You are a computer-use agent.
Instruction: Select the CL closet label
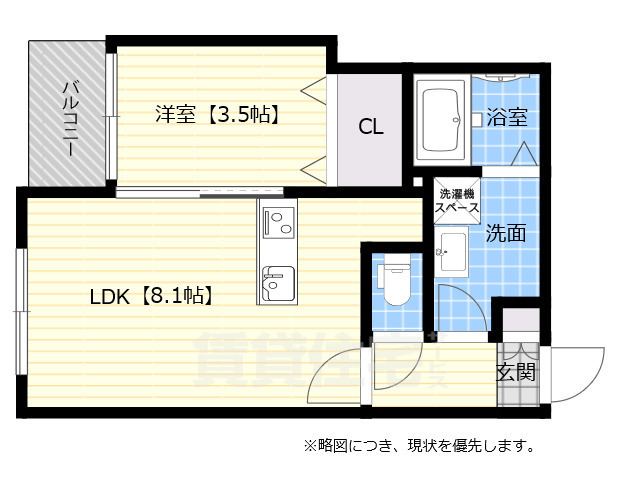[x=370, y=127]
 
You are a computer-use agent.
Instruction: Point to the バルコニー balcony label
[x=71, y=118]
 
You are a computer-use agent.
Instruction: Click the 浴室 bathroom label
[x=507, y=117]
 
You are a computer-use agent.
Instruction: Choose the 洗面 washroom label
[x=506, y=234]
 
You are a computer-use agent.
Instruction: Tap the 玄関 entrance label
[x=516, y=372]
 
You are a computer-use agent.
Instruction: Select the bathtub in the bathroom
[x=441, y=121]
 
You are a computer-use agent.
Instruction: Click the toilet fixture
[x=395, y=281]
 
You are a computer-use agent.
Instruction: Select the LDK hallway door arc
[x=335, y=370]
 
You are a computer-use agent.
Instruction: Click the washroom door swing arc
[x=462, y=310]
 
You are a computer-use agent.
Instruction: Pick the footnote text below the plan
[x=421, y=444]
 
